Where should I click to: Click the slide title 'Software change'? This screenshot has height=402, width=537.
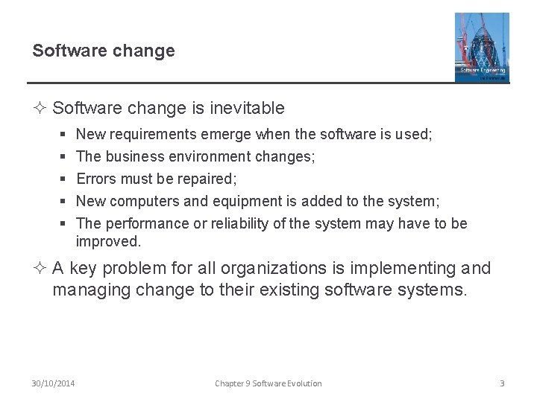click(x=104, y=51)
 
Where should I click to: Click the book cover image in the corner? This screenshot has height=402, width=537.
click(x=482, y=47)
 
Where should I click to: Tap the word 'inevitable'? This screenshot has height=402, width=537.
click(x=247, y=108)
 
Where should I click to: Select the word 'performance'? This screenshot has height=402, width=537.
click(x=146, y=223)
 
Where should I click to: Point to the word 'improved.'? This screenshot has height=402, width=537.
click(x=108, y=241)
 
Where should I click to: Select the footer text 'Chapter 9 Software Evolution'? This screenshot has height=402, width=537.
click(x=268, y=383)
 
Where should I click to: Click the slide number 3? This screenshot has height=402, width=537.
click(x=502, y=383)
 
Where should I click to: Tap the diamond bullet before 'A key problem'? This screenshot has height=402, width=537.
click(x=39, y=268)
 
